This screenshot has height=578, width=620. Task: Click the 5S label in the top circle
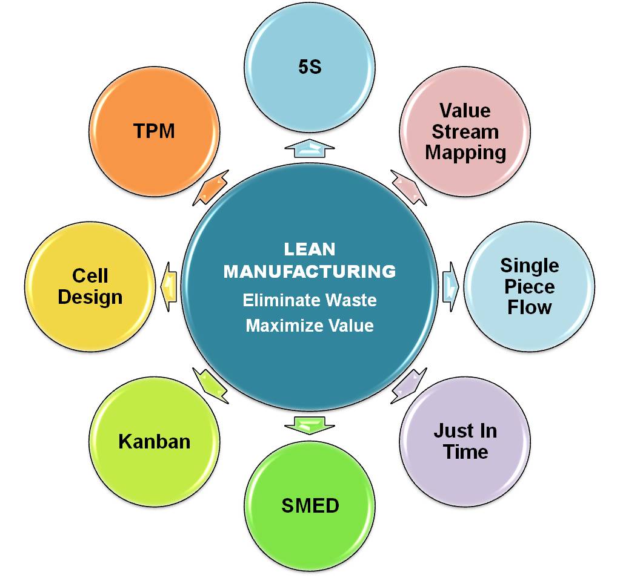click(x=310, y=67)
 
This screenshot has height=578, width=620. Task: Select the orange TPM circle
click(x=154, y=131)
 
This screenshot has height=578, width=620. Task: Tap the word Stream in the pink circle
click(x=465, y=131)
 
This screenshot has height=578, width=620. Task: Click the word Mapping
click(x=465, y=152)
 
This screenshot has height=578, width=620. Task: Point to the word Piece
click(x=529, y=286)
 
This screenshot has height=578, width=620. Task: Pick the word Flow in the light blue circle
click(x=529, y=307)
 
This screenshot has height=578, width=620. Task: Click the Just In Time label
click(x=465, y=441)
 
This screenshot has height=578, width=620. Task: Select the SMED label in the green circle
click(x=310, y=505)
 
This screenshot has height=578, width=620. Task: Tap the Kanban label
click(x=154, y=441)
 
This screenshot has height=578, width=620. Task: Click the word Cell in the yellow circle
click(x=90, y=276)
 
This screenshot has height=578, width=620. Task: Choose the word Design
click(x=90, y=297)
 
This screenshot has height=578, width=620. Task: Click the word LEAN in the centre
click(x=310, y=249)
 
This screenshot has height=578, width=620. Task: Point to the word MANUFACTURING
click(x=310, y=272)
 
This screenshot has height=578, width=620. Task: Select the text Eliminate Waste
click(x=310, y=300)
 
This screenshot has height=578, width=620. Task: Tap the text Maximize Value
click(x=310, y=326)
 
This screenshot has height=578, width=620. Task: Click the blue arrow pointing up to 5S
click(x=310, y=148)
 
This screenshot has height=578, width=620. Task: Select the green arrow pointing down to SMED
click(x=310, y=424)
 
